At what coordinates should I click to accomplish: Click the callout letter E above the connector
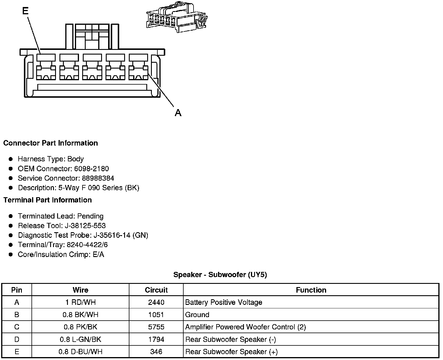(25, 11)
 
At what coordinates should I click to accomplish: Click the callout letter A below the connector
(178, 113)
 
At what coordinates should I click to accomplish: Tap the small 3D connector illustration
(176, 18)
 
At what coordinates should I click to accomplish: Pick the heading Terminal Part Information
(48, 200)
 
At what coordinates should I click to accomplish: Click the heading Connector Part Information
(50, 143)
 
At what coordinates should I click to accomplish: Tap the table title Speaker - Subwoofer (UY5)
(220, 275)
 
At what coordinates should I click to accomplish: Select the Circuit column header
(156, 290)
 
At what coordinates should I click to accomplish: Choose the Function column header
(311, 290)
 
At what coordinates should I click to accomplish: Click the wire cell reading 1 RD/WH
(80, 303)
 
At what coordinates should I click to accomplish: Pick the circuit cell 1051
(156, 315)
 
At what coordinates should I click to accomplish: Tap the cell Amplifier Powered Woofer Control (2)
(245, 327)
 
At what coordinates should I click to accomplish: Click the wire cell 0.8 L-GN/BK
(80, 340)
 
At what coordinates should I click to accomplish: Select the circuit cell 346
(156, 352)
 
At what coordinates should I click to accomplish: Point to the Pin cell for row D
(17, 340)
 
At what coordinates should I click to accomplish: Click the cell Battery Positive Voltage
(224, 303)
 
